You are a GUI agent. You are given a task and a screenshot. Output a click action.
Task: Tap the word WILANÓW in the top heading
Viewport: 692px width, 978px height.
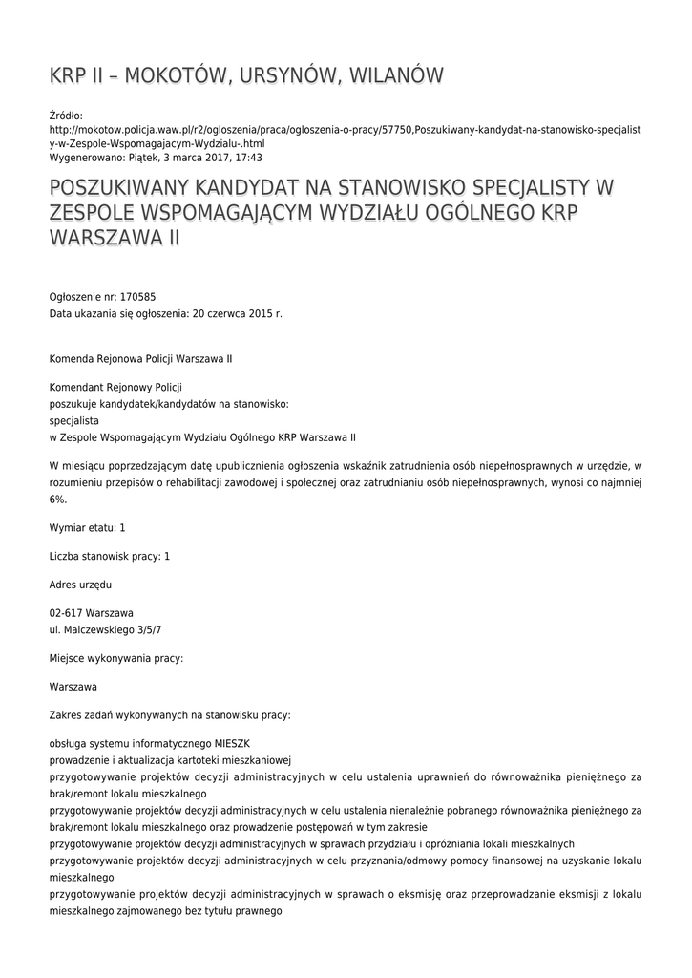point(390,75)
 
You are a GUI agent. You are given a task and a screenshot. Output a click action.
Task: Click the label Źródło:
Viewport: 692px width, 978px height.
point(66,115)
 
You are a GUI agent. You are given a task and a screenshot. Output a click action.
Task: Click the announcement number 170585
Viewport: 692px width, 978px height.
point(137,297)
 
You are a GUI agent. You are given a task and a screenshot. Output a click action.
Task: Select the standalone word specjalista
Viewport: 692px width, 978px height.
point(74,419)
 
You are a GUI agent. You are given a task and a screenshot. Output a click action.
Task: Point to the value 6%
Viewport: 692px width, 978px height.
point(58,498)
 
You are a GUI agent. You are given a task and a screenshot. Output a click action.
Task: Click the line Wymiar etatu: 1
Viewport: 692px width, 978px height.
point(88,528)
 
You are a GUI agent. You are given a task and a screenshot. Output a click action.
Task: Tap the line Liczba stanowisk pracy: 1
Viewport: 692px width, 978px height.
point(110,556)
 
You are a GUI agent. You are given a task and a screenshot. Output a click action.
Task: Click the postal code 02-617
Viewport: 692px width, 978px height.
point(66,612)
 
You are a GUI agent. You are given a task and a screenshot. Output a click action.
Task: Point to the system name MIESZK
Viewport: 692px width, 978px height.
point(230,742)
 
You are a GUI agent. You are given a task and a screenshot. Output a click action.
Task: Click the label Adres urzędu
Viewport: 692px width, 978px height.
point(81,584)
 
